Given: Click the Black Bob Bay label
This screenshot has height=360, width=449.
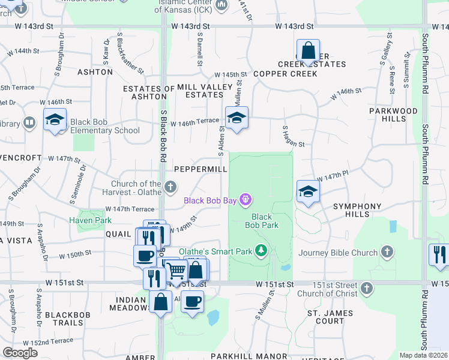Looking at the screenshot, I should tap(209, 200).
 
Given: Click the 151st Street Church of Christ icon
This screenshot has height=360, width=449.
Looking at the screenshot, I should tap(367, 289).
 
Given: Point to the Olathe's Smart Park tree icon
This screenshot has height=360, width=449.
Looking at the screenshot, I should tap(261, 250).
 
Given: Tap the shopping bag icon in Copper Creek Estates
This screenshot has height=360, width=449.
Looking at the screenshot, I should tap(308, 51).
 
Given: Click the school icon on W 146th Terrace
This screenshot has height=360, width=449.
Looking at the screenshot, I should tap(237, 118).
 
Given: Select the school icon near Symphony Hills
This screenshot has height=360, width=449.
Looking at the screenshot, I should tap(308, 191).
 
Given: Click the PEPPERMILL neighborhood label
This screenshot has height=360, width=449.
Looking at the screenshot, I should tap(200, 169).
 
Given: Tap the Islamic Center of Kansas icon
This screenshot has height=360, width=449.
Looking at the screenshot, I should tap(221, 6).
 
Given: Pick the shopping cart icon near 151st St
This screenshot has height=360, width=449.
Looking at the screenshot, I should tap(175, 271).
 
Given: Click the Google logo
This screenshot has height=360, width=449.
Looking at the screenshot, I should tap(20, 353).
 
